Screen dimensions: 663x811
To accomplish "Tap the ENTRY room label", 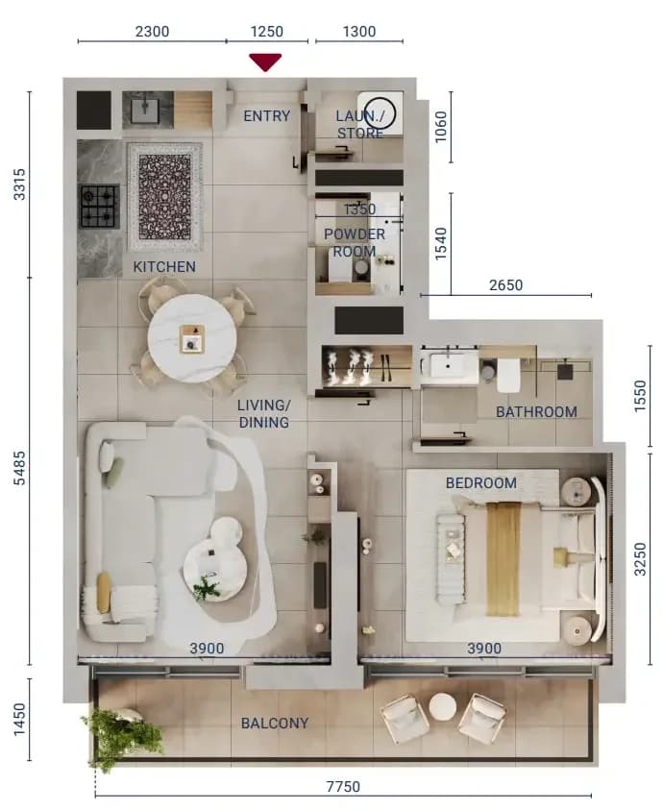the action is point(267,116).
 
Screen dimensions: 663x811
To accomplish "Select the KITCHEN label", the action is point(164,267).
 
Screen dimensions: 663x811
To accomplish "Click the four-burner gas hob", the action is point(98,207).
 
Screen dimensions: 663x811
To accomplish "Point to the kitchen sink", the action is point(145,109).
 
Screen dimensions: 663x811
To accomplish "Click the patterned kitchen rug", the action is point(165,197).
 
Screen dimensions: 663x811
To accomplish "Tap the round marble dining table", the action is point(192,339).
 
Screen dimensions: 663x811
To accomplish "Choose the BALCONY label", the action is point(275,723).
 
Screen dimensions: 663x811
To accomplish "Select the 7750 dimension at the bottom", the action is point(343,787).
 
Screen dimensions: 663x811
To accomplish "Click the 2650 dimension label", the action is point(505,285).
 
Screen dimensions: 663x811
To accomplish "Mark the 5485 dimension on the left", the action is point(19,468).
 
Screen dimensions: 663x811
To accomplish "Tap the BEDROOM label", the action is point(481,483).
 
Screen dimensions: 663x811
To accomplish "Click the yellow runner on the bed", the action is point(503,558).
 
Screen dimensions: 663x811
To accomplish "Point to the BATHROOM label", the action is point(536,412).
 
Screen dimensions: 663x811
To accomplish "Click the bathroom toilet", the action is point(508,375).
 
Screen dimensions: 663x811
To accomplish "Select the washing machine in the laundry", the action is point(381,113).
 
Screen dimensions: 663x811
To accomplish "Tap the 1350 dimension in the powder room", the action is point(360,209).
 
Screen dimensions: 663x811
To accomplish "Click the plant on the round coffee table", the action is point(207,587).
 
